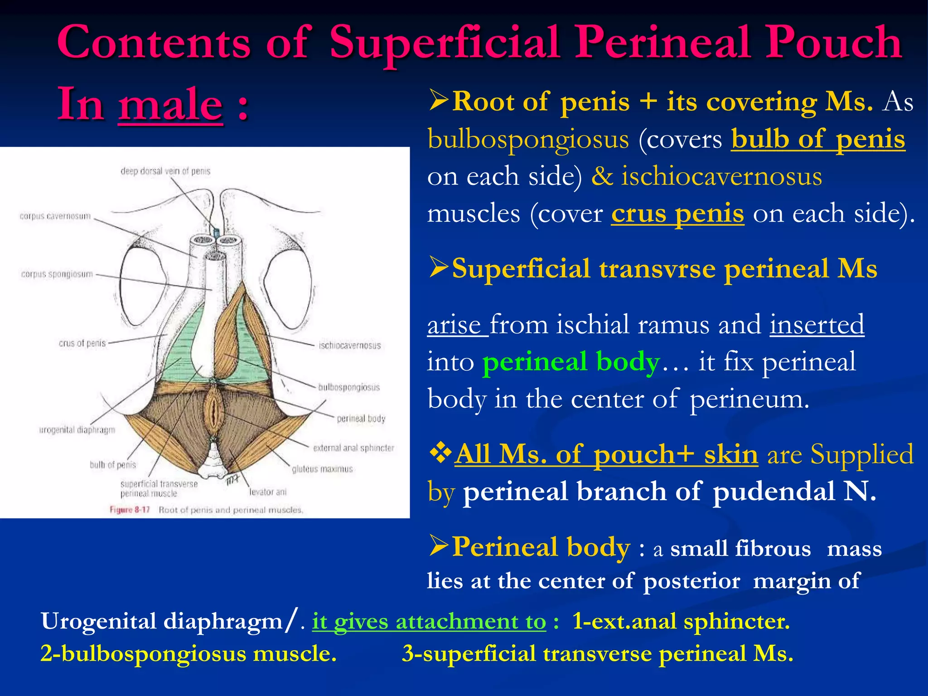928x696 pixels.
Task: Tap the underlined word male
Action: coord(170,105)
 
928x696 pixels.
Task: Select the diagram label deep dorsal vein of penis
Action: coord(165,171)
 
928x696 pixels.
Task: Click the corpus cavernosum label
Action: coord(55,217)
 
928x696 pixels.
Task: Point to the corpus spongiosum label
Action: coord(57,274)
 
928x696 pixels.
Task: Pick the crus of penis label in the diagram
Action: coord(82,343)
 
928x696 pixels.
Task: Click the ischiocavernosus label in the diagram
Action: coord(349,346)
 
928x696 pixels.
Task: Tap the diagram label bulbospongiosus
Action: coord(349,387)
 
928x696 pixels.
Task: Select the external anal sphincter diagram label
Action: coord(353,448)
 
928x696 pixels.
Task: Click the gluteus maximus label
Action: coord(322,469)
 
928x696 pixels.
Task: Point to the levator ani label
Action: coord(268,492)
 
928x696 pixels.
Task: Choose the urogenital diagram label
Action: coord(77,430)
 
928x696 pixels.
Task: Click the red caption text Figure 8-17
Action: coord(130,510)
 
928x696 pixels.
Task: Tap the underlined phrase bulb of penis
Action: coord(818,139)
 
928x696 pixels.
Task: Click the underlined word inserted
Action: coord(817,325)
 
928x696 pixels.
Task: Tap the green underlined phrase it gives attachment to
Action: coord(429,621)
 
